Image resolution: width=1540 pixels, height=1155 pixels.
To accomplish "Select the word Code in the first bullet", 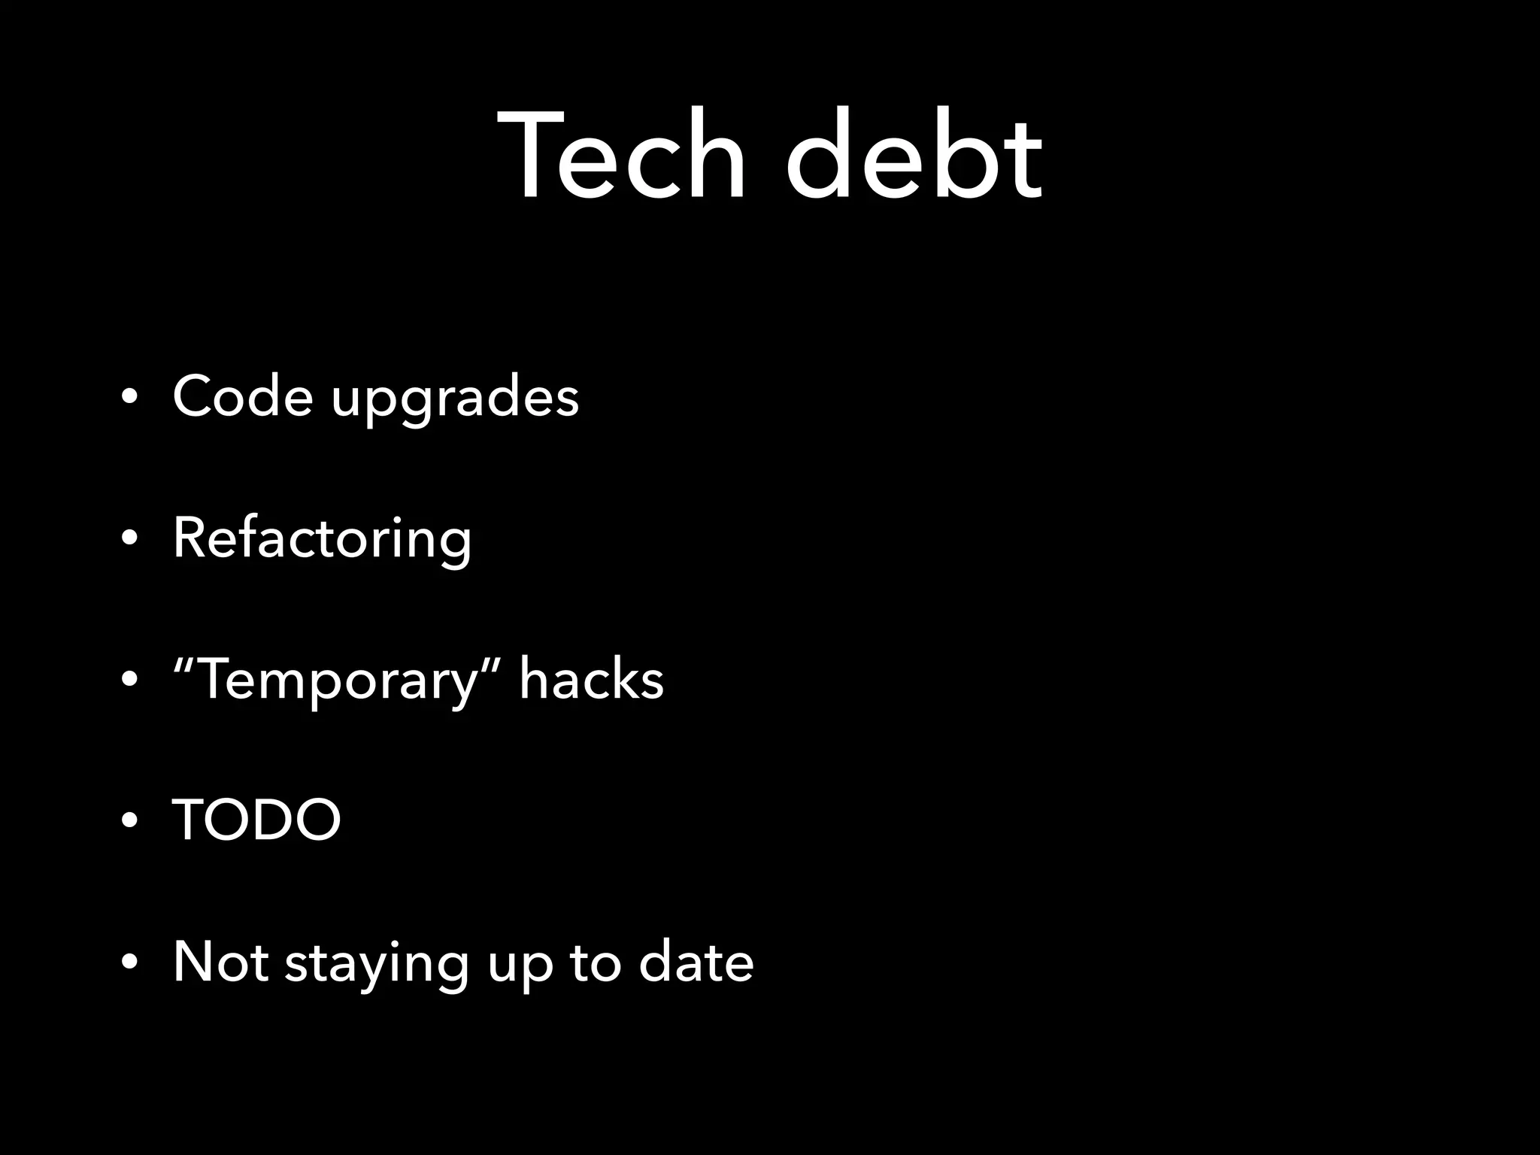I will pos(242,396).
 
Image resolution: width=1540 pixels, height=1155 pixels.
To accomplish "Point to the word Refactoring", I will pos(322,539).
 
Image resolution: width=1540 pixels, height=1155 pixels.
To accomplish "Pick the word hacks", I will pos(591,679).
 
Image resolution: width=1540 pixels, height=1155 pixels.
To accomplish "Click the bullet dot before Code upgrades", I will pos(130,399).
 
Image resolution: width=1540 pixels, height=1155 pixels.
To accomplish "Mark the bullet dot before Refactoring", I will pos(130,540).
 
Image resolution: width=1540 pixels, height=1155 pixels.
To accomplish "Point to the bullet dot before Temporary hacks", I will pos(130,681).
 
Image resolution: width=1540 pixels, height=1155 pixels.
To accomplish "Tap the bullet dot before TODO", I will pos(130,821).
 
